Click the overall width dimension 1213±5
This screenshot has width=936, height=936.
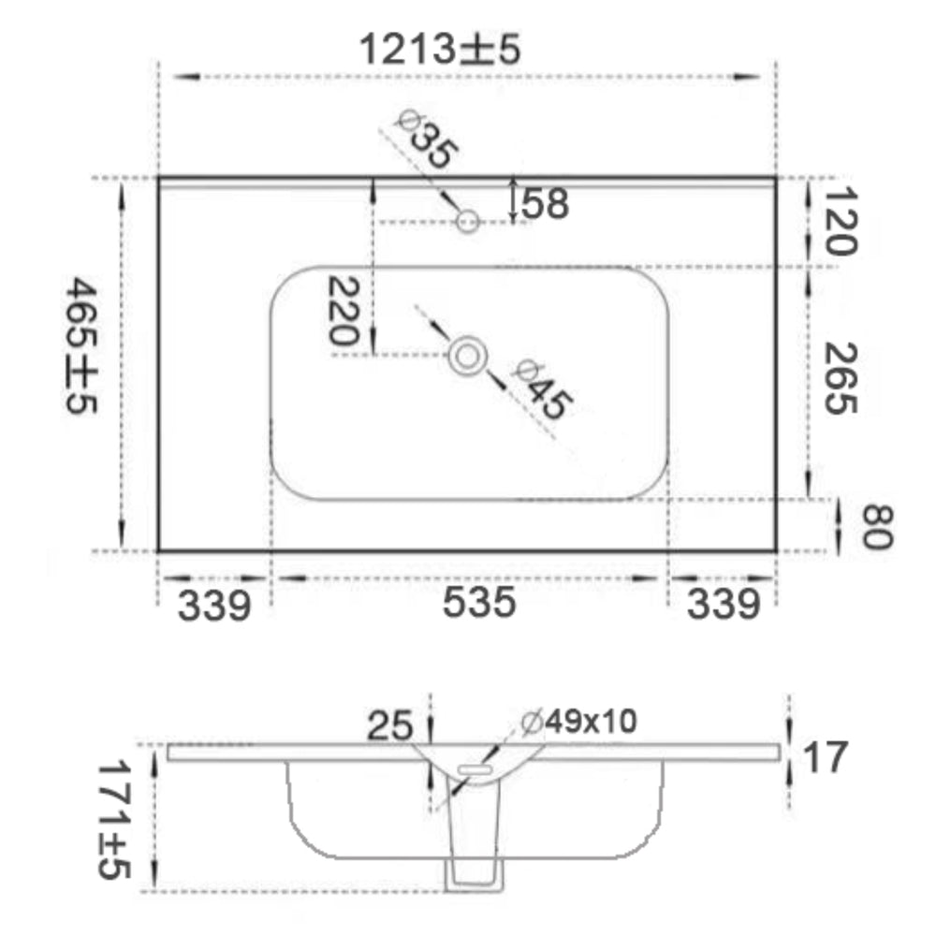pos(441,49)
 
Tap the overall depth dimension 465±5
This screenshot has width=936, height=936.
pos(81,345)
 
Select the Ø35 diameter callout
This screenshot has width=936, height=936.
pos(428,139)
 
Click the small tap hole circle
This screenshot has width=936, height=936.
pos(467,222)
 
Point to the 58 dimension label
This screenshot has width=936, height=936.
pos(546,203)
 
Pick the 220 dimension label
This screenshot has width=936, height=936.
pos(344,311)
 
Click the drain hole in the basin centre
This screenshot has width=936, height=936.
pos(467,357)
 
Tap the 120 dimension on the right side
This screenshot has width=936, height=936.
pos(841,221)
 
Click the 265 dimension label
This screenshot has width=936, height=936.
pos(841,378)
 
